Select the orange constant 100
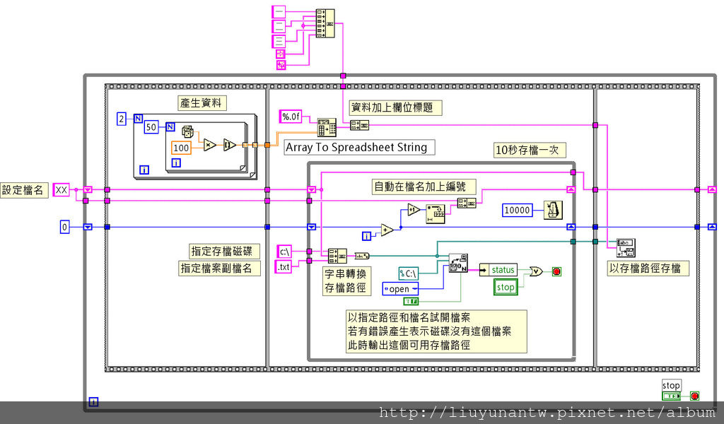point(181,148)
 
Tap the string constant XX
point(62,189)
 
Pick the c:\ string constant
point(285,251)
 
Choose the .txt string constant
point(284,266)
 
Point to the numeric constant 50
point(151,127)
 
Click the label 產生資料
point(202,103)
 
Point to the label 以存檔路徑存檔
point(648,269)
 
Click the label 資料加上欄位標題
point(397,107)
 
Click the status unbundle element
point(503,269)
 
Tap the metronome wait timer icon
point(554,210)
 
